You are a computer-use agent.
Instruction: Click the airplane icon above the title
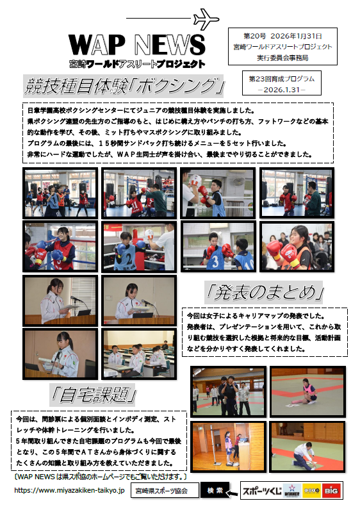pos(206,19)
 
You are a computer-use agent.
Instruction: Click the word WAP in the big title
pos(97,45)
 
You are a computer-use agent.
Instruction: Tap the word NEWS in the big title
pos(170,45)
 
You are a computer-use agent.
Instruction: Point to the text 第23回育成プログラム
pos(282,79)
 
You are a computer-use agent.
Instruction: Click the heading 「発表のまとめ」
pos(265,292)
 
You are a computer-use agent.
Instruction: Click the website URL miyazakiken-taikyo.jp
pos(69,490)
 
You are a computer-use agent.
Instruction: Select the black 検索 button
pos(215,490)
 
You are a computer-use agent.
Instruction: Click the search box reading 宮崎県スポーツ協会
pos(165,491)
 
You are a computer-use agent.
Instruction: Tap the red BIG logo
pos(331,491)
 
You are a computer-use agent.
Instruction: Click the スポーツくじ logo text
pos(262,491)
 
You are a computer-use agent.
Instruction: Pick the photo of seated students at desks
pos(139,354)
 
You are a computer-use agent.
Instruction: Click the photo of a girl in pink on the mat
pos(307,391)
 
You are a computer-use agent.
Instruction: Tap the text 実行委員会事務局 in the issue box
pos(282,58)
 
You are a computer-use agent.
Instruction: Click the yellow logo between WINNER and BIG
pos(311,491)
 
